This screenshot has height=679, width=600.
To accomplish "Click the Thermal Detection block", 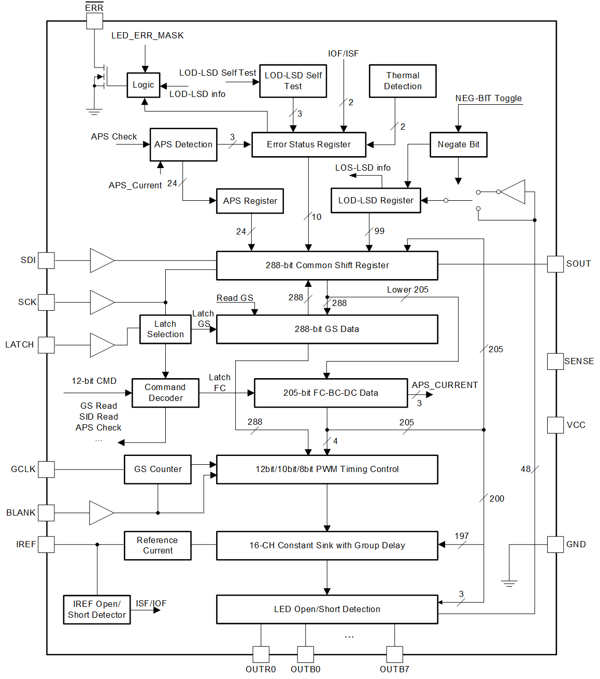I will click(x=403, y=81).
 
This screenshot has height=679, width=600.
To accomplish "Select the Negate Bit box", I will click(x=459, y=144).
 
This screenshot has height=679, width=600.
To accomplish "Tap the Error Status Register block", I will click(x=309, y=144).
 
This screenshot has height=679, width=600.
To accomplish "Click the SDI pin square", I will click(x=46, y=260).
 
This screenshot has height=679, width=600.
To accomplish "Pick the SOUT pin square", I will click(x=555, y=264).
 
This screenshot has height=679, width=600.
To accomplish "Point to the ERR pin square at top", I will click(x=94, y=21).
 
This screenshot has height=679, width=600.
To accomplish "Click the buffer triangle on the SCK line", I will click(x=102, y=302).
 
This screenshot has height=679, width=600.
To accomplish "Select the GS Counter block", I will click(x=158, y=469).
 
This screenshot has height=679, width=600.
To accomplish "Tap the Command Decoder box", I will click(x=165, y=393).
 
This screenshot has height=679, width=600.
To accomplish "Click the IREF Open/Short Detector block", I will click(x=97, y=609).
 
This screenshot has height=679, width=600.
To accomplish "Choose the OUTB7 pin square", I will click(x=394, y=654).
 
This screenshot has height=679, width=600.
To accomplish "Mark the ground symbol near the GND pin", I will click(x=509, y=583).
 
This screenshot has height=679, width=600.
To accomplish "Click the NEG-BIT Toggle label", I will click(x=488, y=99).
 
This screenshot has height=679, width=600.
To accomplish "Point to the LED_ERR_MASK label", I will click(x=147, y=35).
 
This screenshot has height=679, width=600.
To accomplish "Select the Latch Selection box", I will click(x=165, y=329).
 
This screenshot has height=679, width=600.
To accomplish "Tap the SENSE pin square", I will click(x=555, y=362).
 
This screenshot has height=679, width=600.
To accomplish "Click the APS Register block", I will click(x=250, y=201).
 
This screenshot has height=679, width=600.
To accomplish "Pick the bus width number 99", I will click(x=379, y=231).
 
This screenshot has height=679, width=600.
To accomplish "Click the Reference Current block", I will click(x=158, y=546).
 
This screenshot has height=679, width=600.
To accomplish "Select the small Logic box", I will click(x=144, y=85).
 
